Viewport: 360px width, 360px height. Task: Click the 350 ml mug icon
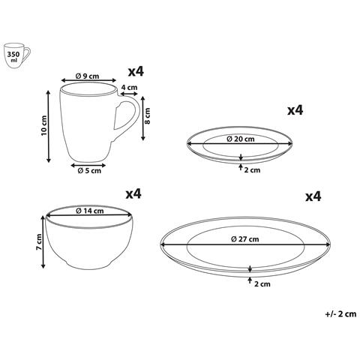[x=17, y=55]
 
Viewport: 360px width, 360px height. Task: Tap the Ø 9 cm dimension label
[x=87, y=76]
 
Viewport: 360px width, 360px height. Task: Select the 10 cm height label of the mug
[x=44, y=125]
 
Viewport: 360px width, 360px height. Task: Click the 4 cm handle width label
[x=129, y=88]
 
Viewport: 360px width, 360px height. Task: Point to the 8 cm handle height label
[x=148, y=116]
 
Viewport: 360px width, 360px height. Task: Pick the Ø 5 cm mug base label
[x=89, y=171]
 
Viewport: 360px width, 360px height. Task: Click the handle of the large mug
[x=127, y=114]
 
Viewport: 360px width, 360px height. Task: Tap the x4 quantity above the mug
[x=136, y=72]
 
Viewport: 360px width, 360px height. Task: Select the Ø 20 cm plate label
[x=241, y=139]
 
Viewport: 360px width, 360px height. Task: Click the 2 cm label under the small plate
[x=252, y=170]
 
